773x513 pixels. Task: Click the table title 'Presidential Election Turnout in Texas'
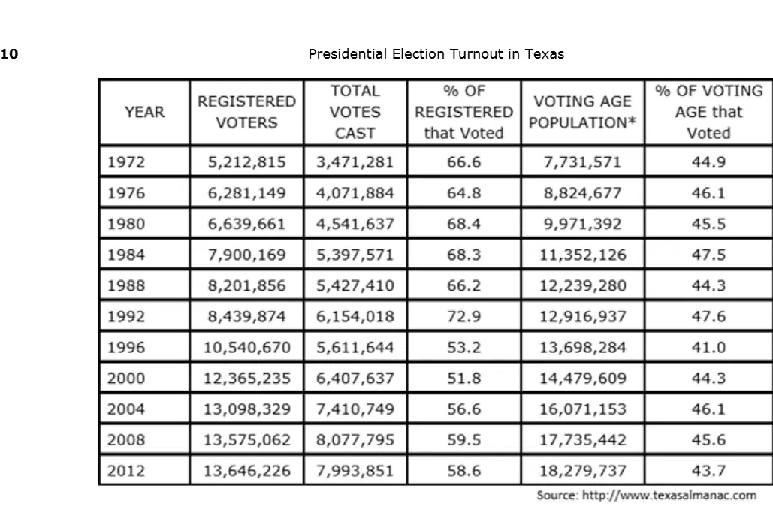click(436, 54)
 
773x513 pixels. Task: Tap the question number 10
click(9, 54)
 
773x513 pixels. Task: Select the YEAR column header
click(144, 113)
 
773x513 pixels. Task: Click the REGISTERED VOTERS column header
click(246, 113)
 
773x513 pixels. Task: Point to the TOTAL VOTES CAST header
click(355, 113)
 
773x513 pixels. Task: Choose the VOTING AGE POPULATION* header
click(582, 113)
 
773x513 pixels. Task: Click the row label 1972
click(126, 162)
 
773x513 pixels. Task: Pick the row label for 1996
click(126, 348)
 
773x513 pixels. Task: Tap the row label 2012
click(126, 471)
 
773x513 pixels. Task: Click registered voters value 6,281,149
click(246, 193)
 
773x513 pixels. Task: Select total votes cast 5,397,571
click(355, 255)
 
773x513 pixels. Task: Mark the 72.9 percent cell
click(464, 316)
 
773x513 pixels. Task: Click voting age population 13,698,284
click(583, 348)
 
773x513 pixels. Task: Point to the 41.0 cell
click(708, 348)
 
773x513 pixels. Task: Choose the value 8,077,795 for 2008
click(355, 440)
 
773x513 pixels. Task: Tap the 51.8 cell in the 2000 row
click(464, 379)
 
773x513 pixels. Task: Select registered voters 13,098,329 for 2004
click(247, 409)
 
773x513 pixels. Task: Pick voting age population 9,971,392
click(583, 225)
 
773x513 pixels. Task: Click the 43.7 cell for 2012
click(708, 471)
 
